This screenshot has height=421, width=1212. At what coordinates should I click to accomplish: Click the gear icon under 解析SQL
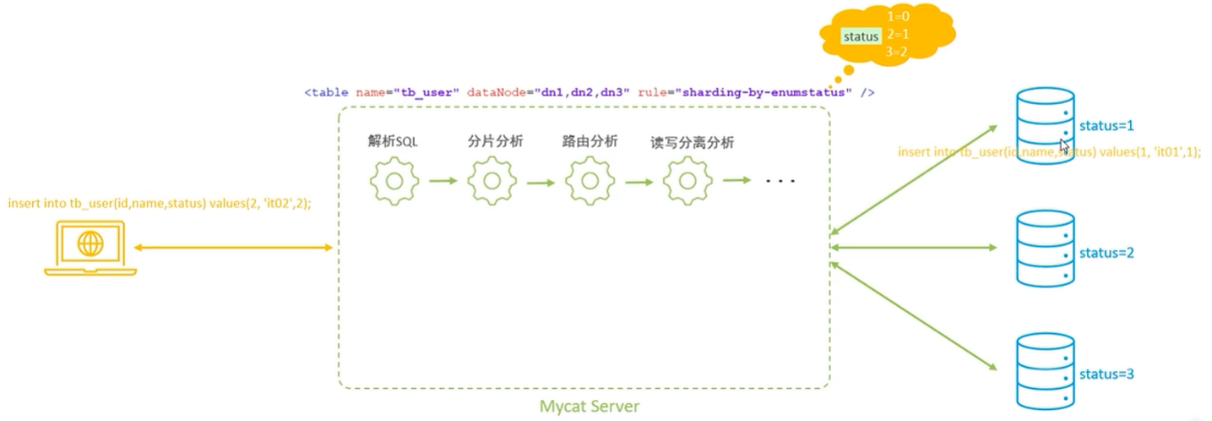394,180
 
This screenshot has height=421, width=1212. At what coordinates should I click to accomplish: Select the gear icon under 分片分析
492,180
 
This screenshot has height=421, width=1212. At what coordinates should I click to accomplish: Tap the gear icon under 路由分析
590,180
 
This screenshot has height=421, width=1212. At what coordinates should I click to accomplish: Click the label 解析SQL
393,142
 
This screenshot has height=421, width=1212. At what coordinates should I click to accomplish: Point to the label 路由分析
590,141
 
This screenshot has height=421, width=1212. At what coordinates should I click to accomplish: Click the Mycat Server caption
590,407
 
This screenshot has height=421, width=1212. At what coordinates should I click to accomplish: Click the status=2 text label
1106,253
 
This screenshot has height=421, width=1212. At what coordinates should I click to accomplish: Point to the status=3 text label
1106,374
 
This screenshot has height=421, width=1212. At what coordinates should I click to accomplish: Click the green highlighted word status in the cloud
860,36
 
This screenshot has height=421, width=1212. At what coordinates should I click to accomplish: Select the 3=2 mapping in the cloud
898,52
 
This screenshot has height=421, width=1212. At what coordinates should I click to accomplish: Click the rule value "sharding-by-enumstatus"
775,91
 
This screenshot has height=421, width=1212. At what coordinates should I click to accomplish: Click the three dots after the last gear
780,181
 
